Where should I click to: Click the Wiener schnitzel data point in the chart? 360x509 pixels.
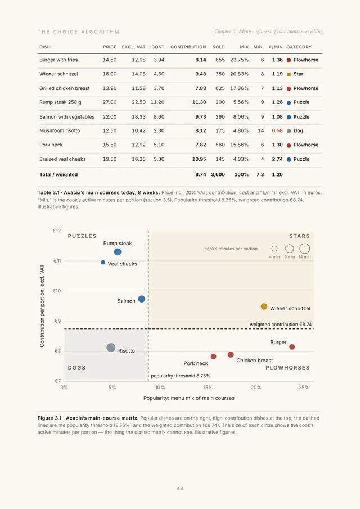(x=264, y=307)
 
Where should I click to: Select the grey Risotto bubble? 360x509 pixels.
(x=111, y=348)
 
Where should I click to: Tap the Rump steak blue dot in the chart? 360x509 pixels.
(x=118, y=252)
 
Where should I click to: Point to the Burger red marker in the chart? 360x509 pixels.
(x=292, y=347)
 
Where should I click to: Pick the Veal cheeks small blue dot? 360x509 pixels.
(x=103, y=262)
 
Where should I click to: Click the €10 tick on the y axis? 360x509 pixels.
(x=57, y=291)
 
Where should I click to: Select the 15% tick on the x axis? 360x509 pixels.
(x=208, y=388)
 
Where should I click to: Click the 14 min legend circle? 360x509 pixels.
(x=304, y=249)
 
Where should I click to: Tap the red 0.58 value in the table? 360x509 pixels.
(x=277, y=131)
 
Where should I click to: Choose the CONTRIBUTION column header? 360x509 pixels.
(x=188, y=47)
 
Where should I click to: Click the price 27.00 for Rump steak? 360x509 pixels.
(x=110, y=102)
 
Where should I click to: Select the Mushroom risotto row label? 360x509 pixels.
(x=60, y=131)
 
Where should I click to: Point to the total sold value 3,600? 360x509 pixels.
(x=218, y=175)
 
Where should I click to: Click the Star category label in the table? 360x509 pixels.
(x=298, y=74)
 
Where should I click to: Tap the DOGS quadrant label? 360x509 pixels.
(x=77, y=368)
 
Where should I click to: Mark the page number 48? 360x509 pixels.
(x=180, y=488)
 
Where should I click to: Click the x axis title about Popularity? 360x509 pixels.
(x=189, y=398)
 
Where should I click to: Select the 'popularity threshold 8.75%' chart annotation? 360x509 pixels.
(x=181, y=376)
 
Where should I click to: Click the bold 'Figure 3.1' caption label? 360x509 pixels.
(x=49, y=418)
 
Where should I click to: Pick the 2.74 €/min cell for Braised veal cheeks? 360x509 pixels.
(x=277, y=159)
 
